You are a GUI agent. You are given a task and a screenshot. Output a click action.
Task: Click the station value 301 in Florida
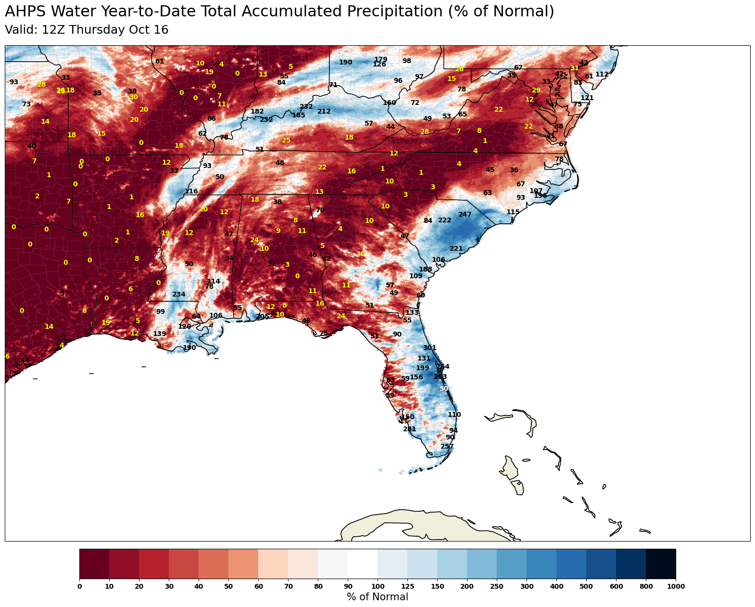click(x=429, y=348)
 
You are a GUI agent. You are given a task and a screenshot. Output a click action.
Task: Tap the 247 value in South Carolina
click(x=465, y=215)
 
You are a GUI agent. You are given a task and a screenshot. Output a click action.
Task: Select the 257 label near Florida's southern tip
click(x=447, y=447)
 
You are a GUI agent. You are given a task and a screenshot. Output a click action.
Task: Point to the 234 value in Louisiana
click(x=178, y=295)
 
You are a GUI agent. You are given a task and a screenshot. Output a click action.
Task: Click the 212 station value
click(x=324, y=112)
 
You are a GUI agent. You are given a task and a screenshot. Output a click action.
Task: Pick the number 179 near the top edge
click(x=380, y=60)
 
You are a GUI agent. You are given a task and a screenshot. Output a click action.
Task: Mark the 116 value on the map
click(x=191, y=192)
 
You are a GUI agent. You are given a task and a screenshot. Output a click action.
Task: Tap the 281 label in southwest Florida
click(x=409, y=429)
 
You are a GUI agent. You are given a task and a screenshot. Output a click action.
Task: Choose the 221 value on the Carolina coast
click(x=456, y=249)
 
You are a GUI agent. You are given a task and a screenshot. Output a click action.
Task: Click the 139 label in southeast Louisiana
click(x=159, y=334)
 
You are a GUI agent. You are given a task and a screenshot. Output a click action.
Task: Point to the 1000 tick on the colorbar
click(x=675, y=586)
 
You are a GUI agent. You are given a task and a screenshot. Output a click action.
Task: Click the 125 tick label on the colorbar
click(x=407, y=586)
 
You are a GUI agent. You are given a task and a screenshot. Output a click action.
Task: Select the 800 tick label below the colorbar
click(x=645, y=586)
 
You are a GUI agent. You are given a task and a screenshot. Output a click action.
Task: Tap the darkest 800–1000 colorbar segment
click(x=660, y=564)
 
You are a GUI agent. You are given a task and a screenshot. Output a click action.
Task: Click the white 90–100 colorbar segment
click(x=363, y=564)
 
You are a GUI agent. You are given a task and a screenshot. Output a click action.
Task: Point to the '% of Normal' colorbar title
click(x=377, y=597)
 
